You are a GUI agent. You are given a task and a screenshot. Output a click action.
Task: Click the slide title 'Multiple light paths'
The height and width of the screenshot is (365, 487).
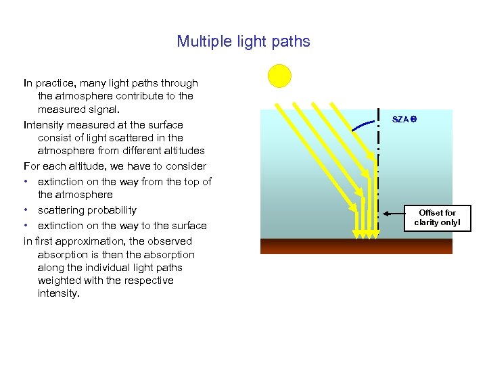point(243,41)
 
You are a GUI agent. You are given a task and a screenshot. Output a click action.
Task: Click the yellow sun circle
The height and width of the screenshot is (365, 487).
point(279,76)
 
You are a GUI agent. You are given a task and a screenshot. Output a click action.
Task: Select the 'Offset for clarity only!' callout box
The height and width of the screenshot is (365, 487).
point(437,218)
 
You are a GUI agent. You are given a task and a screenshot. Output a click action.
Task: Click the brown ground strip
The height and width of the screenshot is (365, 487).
point(356,246)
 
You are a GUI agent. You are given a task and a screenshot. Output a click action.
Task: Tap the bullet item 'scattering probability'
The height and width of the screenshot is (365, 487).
point(87,210)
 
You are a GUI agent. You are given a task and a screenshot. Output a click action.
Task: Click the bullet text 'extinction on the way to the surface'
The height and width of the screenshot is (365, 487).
point(122,225)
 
